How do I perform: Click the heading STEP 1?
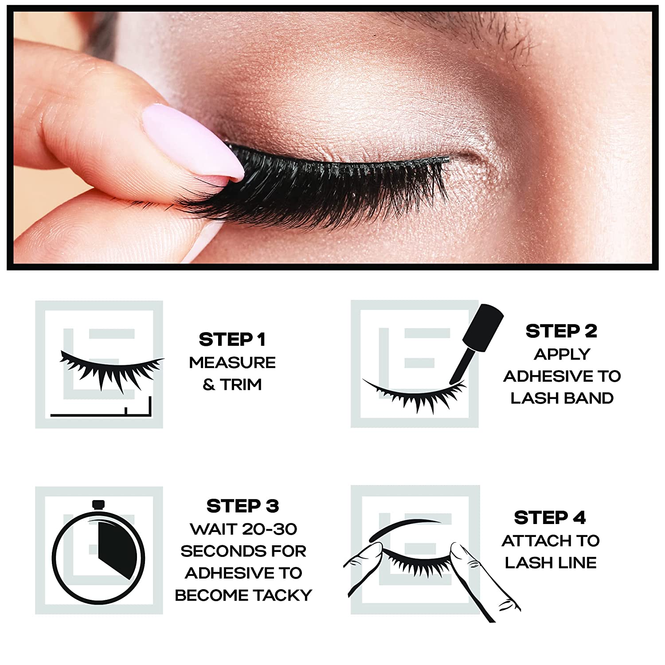232,340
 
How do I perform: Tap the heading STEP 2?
561,331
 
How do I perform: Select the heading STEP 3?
243,506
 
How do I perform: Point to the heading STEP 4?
550,517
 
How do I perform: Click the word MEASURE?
232,363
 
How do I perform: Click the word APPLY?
562,354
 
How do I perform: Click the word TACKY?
283,595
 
